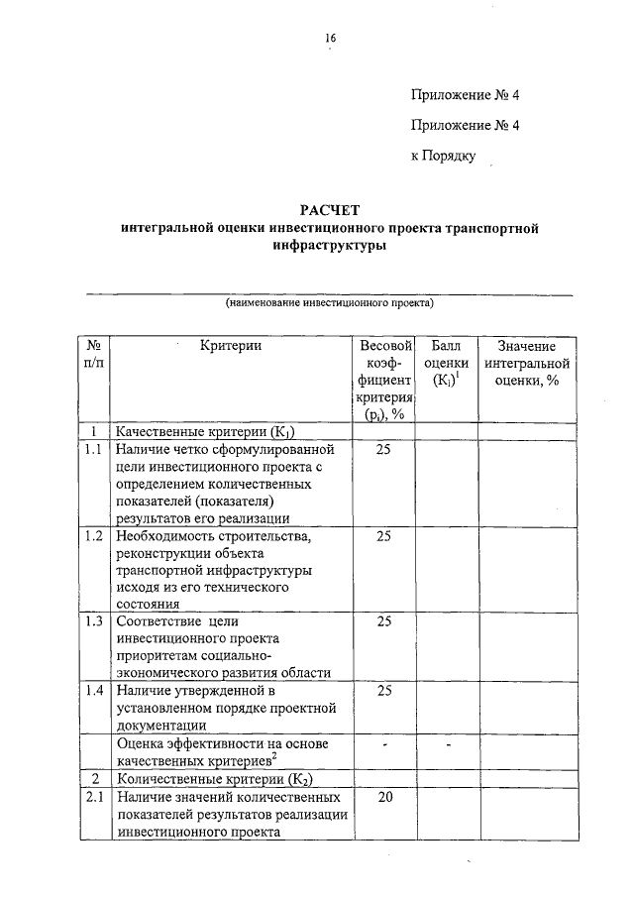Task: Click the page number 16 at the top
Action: (x=330, y=38)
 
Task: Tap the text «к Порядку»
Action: (x=444, y=156)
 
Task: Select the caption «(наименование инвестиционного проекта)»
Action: (x=330, y=301)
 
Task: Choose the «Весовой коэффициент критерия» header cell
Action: (x=384, y=380)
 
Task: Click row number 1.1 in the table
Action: (x=93, y=450)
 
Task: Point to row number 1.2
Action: (x=93, y=536)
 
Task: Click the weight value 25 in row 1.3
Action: (x=384, y=621)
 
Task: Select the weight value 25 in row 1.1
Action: (x=384, y=450)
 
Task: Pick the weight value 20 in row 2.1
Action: (x=384, y=796)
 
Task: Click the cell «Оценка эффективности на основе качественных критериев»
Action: (x=229, y=751)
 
